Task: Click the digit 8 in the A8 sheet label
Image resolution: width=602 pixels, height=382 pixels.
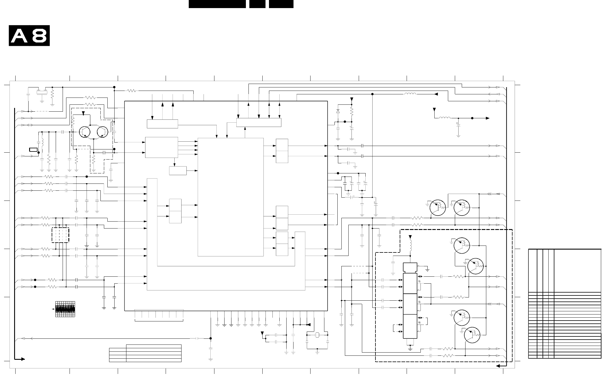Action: pyautogui.click(x=39, y=36)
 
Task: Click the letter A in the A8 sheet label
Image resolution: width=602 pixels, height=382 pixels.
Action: pyautogui.click(x=20, y=36)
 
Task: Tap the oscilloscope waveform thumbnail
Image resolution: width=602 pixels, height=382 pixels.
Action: pyautogui.click(x=65, y=309)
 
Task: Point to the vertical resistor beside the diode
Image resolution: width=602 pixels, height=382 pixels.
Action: pyautogui.click(x=352, y=111)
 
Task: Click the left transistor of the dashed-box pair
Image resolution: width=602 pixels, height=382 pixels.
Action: pyautogui.click(x=85, y=132)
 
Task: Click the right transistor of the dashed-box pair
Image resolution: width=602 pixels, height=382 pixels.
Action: pyautogui.click(x=103, y=132)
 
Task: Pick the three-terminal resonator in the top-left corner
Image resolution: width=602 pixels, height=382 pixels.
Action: pyautogui.click(x=42, y=92)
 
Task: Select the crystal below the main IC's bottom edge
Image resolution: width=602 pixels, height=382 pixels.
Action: pyautogui.click(x=317, y=335)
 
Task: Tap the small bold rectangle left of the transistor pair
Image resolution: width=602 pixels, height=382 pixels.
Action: pyautogui.click(x=33, y=149)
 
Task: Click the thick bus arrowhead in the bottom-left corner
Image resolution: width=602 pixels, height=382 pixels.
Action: pyautogui.click(x=23, y=359)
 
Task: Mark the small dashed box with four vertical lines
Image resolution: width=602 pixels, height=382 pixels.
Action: pyautogui.click(x=60, y=235)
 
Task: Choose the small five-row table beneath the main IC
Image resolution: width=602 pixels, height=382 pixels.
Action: pyautogui.click(x=145, y=353)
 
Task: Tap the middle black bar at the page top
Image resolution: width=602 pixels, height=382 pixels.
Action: pyautogui.click(x=257, y=4)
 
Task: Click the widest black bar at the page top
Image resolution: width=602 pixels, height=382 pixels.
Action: pyautogui.click(x=217, y=4)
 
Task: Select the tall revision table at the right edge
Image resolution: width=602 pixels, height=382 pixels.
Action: pyautogui.click(x=564, y=304)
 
